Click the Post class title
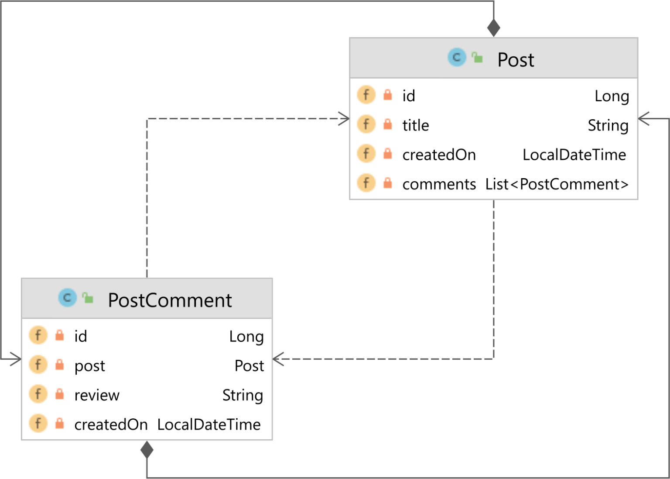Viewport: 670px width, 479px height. [516, 60]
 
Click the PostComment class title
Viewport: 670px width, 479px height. [170, 300]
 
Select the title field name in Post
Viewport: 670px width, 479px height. [415, 125]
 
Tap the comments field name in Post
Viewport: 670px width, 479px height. [439, 184]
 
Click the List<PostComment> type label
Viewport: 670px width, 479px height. [557, 184]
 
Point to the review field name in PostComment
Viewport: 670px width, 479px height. [97, 395]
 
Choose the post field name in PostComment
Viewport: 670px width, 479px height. [90, 366]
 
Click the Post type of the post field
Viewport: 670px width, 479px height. [249, 366]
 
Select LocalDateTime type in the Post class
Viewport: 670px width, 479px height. [574, 155]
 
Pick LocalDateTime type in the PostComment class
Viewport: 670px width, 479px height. [209, 424]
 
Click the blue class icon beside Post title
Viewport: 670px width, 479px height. [457, 57]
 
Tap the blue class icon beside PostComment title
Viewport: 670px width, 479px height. [67, 298]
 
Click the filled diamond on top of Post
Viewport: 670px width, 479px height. [493, 28]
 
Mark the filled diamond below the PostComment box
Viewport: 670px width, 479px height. [147, 450]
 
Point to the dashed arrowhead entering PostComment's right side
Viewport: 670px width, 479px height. [278, 359]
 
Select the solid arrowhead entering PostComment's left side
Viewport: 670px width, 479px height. [16, 359]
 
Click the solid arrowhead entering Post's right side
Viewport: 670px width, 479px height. [643, 118]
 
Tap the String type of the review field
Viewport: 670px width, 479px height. [243, 395]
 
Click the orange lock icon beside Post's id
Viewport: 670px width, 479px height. [387, 95]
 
